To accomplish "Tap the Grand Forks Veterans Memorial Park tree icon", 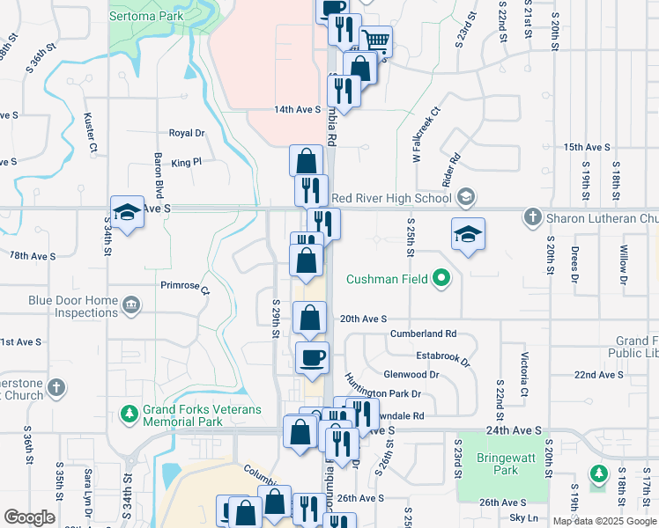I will pos(129,412).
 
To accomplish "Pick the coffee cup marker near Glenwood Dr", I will pos(312,357).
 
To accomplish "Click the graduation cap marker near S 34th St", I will pos(127,211).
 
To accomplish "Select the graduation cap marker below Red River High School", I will pos(468,233).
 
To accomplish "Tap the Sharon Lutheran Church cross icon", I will pos(531,216).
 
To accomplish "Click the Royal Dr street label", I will pos(187,133).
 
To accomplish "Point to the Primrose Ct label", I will pos(186,286).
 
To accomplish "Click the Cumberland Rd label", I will pos(425,334).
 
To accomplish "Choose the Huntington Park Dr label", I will pos(382,388).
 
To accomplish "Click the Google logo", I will pos(29,517).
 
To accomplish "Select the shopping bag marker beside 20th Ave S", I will pos(310,318).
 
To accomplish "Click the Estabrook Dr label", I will pos(443,356).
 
